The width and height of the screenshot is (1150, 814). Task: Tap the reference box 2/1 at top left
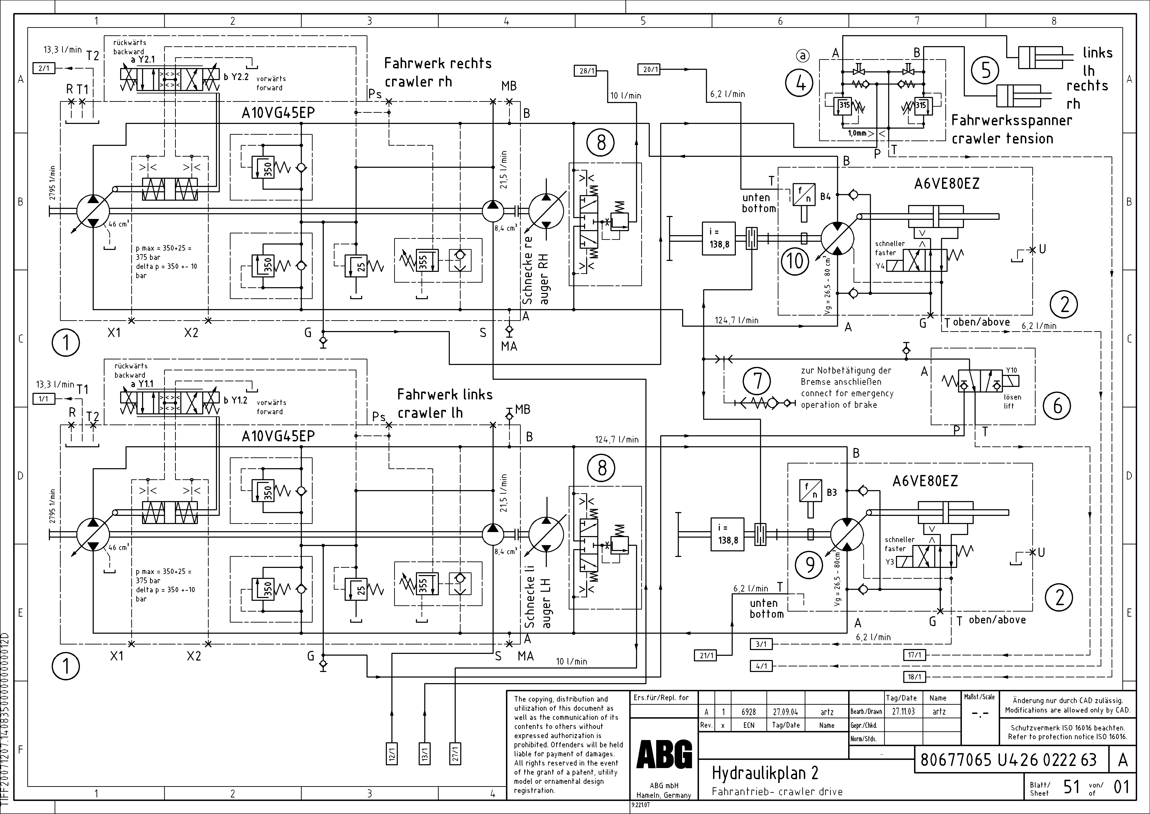point(44,68)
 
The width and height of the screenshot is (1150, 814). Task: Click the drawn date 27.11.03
point(903,711)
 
